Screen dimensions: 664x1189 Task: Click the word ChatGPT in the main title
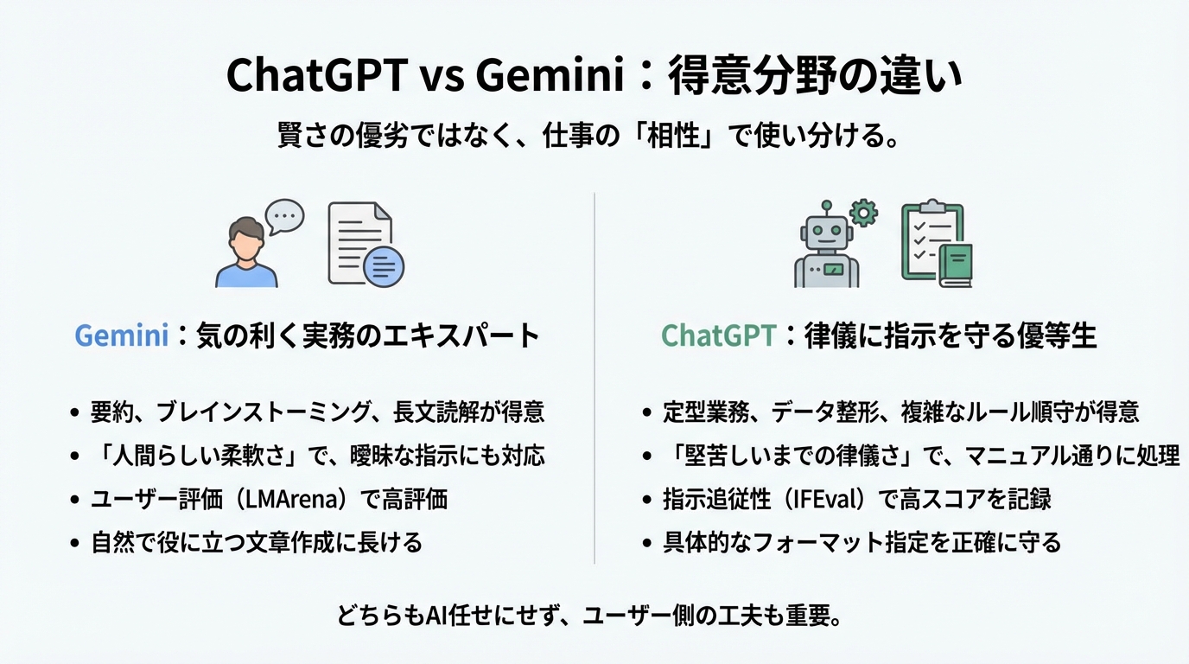[316, 76]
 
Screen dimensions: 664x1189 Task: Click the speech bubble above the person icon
[284, 216]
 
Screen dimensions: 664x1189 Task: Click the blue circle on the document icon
[383, 265]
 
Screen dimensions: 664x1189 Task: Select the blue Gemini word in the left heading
[122, 335]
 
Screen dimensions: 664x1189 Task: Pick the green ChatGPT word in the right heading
[718, 335]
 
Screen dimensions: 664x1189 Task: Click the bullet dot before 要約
[74, 412]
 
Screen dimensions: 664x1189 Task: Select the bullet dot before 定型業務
[647, 412]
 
